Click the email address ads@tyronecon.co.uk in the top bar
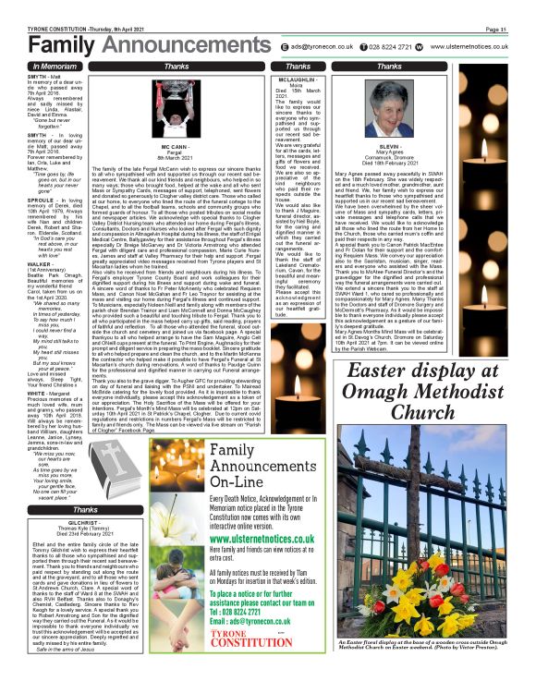pyautogui.click(x=320, y=45)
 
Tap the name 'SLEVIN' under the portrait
pyautogui.click(x=389, y=146)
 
